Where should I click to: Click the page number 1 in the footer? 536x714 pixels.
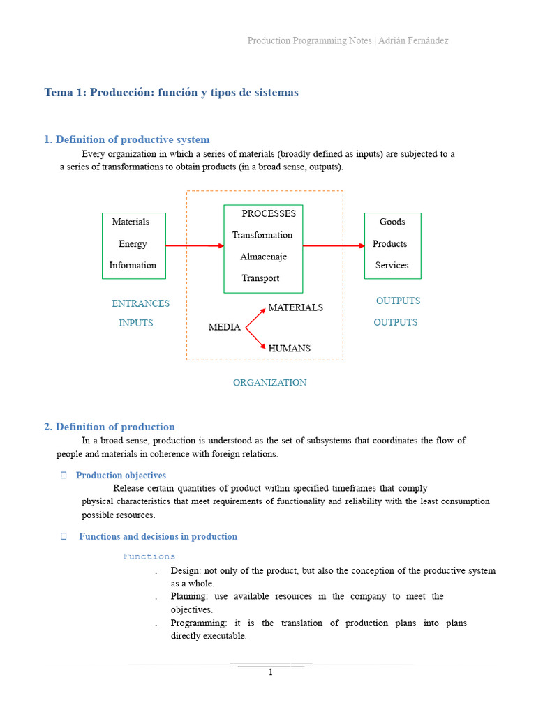pyautogui.click(x=271, y=672)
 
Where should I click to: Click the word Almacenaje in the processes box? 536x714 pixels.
pyautogui.click(x=263, y=257)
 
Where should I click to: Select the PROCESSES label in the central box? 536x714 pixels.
pyautogui.click(x=269, y=213)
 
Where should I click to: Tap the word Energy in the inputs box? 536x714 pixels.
pyautogui.click(x=133, y=243)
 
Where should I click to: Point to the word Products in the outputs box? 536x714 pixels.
pyautogui.click(x=389, y=243)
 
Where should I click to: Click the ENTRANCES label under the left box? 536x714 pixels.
pyautogui.click(x=140, y=303)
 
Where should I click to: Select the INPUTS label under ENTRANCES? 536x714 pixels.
pyautogui.click(x=135, y=323)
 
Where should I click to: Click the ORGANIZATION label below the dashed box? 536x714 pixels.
pyautogui.click(x=269, y=382)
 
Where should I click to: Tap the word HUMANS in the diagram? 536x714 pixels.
pyautogui.click(x=289, y=348)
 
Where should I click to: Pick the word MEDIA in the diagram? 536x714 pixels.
pyautogui.click(x=224, y=327)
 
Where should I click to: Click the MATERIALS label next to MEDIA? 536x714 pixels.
pyautogui.click(x=295, y=307)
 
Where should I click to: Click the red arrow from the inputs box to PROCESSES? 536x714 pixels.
pyautogui.click(x=195, y=245)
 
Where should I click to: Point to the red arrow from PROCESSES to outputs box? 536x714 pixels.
pyautogui.click(x=334, y=245)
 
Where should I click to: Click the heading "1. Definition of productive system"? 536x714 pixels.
pyautogui.click(x=126, y=139)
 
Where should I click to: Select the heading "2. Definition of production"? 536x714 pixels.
pyautogui.click(x=109, y=427)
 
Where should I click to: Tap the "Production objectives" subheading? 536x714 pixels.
pyautogui.click(x=121, y=476)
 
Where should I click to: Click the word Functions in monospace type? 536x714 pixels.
pyautogui.click(x=149, y=556)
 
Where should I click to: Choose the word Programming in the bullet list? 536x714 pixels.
pyautogui.click(x=197, y=623)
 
